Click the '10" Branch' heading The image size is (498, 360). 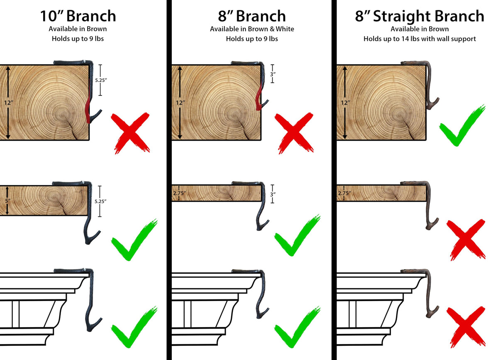(78, 16)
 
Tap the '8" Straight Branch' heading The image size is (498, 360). (420, 17)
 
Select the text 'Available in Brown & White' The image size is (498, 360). (252, 29)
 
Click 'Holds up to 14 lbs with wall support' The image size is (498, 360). (420, 39)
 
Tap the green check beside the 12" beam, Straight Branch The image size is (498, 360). (462, 125)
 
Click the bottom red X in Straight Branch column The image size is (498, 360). (466, 327)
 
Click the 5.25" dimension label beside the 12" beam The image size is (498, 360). (101, 80)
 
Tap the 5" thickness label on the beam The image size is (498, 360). (8, 201)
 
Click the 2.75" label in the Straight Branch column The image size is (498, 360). (344, 193)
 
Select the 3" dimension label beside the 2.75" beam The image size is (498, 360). (273, 194)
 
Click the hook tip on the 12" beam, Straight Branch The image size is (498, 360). (438, 99)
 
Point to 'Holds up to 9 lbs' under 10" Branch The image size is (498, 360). (78, 39)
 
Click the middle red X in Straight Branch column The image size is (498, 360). (466, 240)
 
